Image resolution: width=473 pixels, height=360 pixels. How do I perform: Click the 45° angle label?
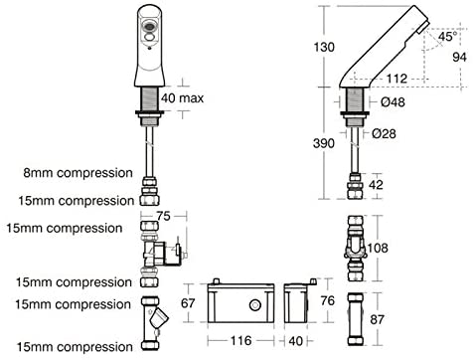[x=448, y=36]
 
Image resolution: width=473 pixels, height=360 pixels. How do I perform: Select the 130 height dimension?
[x=324, y=47]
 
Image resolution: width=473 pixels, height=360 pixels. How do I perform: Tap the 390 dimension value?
[x=324, y=143]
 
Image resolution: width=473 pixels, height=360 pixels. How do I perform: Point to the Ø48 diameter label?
[x=393, y=101]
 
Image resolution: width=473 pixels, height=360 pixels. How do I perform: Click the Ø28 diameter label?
[x=384, y=133]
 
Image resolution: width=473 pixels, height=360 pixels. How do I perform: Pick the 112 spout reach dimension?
[x=396, y=79]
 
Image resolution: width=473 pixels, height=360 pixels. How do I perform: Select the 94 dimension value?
[x=459, y=57]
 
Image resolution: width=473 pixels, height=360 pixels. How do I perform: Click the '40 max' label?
[x=183, y=98]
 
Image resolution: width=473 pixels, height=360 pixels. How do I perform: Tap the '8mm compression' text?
[x=79, y=173]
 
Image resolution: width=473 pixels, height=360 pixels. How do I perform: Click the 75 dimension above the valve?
[x=163, y=216]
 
